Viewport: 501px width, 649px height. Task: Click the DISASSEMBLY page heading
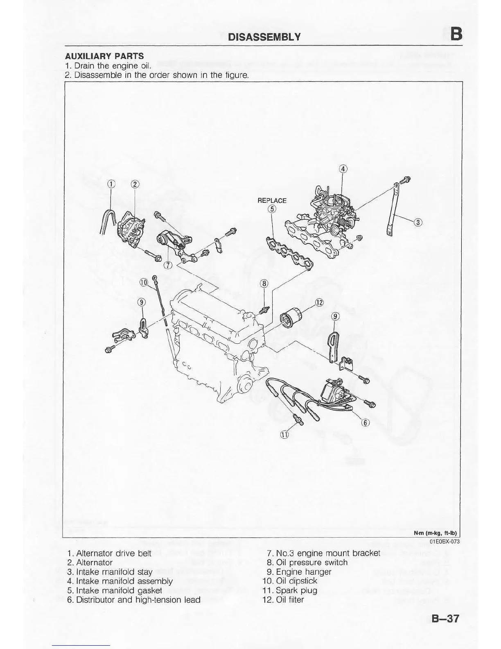pyautogui.click(x=264, y=37)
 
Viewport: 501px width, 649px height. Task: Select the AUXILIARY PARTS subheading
pyautogui.click(x=104, y=56)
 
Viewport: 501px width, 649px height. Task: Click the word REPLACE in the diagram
pyautogui.click(x=272, y=200)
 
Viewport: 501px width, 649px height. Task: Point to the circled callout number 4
pyautogui.click(x=343, y=169)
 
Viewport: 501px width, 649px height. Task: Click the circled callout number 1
pyautogui.click(x=111, y=184)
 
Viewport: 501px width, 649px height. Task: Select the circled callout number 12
pyautogui.click(x=319, y=303)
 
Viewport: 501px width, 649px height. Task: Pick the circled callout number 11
pyautogui.click(x=284, y=434)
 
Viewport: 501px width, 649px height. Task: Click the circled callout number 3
pyautogui.click(x=417, y=222)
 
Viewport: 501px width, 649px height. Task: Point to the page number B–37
pyautogui.click(x=445, y=618)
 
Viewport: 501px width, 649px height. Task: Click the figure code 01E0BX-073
pyautogui.click(x=445, y=542)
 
